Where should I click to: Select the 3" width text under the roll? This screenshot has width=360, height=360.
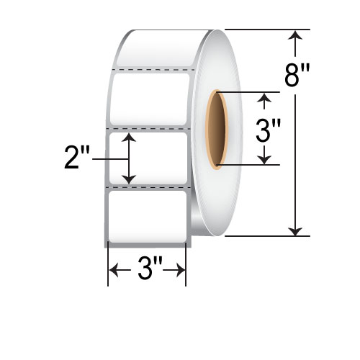pos(147,272)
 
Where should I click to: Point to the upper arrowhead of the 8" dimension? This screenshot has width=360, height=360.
pos(295,34)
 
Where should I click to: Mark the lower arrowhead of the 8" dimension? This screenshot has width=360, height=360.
pos(295,230)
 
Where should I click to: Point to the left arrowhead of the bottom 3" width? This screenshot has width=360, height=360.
pos(112,272)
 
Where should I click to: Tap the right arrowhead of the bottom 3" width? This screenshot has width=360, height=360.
pos(182,272)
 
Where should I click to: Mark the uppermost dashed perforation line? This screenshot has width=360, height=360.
pos(151,70)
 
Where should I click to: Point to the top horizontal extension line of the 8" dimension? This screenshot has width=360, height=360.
pos(266,30)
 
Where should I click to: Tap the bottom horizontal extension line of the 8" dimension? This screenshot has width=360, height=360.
pos(266,235)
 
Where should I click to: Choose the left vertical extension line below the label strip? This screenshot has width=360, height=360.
pos(108,266)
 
